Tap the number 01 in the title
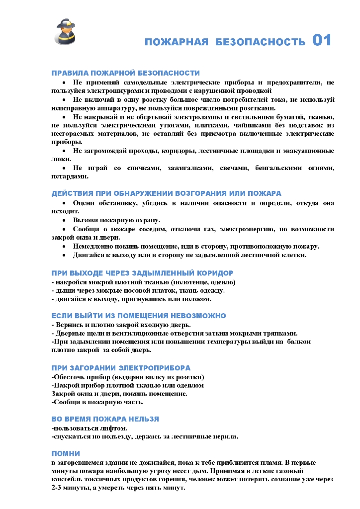click(322, 40)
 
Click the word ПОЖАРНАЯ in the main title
click(177, 42)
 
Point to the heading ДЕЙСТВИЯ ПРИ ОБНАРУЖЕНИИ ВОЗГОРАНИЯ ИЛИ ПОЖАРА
click(167, 193)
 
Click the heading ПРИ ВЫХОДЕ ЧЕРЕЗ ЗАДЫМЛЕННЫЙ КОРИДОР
click(142, 273)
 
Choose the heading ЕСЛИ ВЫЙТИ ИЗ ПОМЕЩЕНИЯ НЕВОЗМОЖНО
click(139, 316)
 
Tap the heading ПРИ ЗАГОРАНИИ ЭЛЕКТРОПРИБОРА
click(121, 368)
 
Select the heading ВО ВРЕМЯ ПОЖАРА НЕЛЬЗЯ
click(105, 419)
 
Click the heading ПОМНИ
click(66, 453)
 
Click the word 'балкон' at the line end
click(299, 342)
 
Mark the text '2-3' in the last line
click(59, 488)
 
